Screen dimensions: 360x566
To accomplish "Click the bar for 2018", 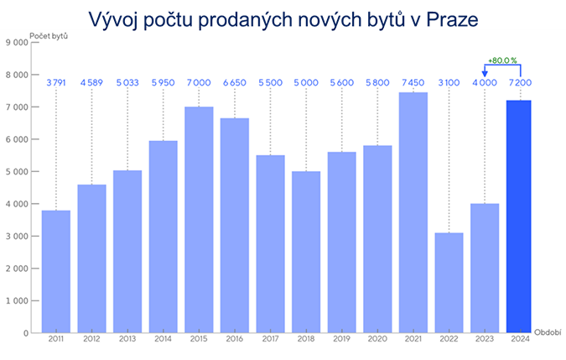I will (305, 252).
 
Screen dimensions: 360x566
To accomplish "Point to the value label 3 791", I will (56, 81).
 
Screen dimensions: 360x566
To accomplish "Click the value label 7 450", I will (413, 81).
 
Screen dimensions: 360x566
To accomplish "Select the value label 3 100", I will (448, 81).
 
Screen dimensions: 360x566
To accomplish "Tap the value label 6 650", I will (234, 81).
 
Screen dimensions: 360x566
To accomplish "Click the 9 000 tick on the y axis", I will (17, 43).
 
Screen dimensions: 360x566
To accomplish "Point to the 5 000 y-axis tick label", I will (17, 172).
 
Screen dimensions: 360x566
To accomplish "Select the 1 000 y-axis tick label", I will (17, 300).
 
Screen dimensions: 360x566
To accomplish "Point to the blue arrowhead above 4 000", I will (484, 72).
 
